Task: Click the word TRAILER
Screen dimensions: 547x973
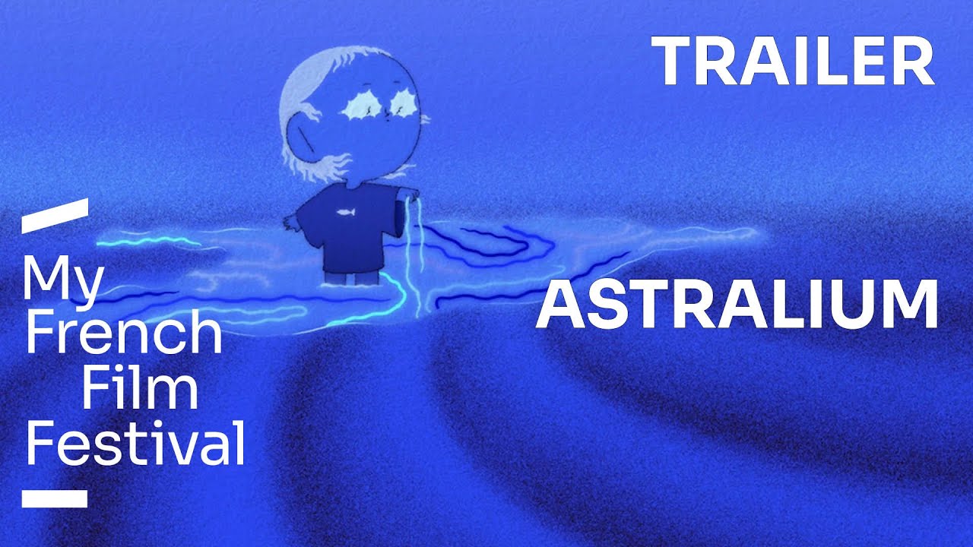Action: (793, 62)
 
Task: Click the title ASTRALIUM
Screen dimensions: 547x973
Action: (737, 304)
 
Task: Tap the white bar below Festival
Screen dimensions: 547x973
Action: (54, 498)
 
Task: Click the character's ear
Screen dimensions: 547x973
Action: (302, 141)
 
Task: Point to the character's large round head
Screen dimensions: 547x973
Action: (357, 114)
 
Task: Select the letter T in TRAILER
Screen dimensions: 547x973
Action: (671, 62)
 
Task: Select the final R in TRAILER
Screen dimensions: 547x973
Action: (914, 62)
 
